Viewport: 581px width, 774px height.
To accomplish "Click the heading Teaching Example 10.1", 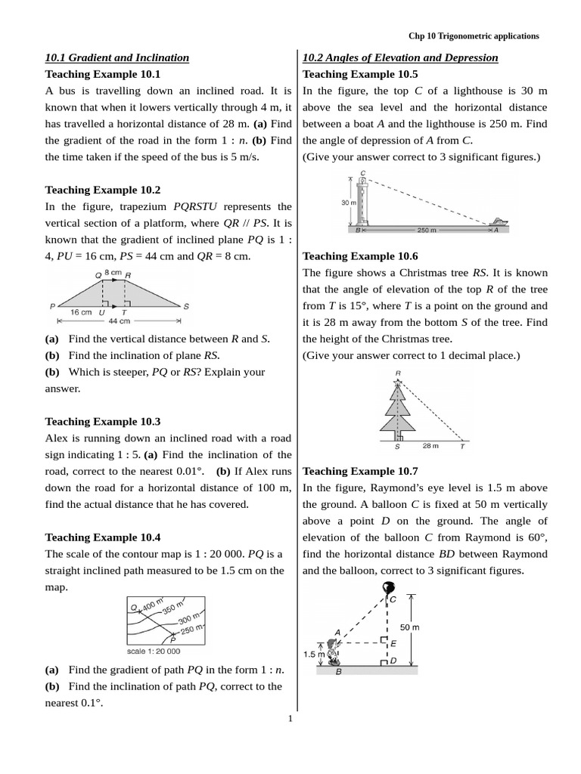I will click(x=103, y=74).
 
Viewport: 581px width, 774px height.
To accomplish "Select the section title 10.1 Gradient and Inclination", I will click(x=117, y=57).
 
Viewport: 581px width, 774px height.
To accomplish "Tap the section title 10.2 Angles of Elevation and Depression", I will click(x=400, y=57).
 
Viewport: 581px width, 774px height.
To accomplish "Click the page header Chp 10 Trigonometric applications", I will click(x=474, y=36).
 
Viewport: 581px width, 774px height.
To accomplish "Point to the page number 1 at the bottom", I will click(x=290, y=718).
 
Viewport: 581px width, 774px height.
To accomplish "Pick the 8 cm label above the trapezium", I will click(x=113, y=271).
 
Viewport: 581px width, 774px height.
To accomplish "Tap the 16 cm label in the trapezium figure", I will click(x=80, y=311).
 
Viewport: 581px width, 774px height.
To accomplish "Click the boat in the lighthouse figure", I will click(x=497, y=221).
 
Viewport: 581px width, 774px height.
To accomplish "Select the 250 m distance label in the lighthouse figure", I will click(x=427, y=230).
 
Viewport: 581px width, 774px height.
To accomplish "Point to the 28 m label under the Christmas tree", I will click(x=430, y=446).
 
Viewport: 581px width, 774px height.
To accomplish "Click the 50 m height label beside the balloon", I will click(x=410, y=627).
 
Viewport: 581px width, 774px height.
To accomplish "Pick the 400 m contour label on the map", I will click(x=151, y=605).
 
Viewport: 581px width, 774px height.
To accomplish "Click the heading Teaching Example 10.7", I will click(x=360, y=471).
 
